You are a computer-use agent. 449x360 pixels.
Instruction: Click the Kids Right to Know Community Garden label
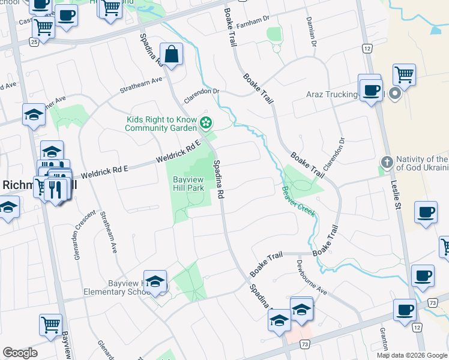pos(161,124)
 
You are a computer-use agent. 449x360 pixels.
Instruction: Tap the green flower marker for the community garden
pos(206,123)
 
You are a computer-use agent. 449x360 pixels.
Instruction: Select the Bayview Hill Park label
pos(189,184)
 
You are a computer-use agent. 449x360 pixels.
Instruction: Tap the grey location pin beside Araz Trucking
pos(394,94)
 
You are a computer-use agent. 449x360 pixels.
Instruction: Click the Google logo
pos(20,353)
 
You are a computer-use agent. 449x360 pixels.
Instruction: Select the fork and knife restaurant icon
pos(56,190)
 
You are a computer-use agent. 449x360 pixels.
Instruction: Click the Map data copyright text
pos(411,355)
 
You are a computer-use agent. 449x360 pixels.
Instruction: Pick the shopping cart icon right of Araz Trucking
pos(405,75)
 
